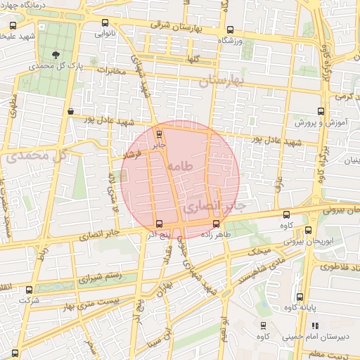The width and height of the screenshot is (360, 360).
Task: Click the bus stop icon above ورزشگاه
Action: (x=231, y=30)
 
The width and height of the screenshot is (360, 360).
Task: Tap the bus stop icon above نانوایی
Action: (x=105, y=22)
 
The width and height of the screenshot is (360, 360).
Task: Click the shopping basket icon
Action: (x=71, y=111)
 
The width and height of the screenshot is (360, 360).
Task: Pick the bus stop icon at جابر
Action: (x=159, y=134)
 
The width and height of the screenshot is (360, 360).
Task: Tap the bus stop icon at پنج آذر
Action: (x=158, y=224)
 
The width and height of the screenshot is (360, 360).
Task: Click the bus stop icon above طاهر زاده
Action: (x=215, y=225)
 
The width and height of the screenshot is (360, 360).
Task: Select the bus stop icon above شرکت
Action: (x=29, y=289)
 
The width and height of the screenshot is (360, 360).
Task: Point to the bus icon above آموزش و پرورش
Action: (x=321, y=110)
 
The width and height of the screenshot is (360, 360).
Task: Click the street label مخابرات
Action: (x=112, y=70)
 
